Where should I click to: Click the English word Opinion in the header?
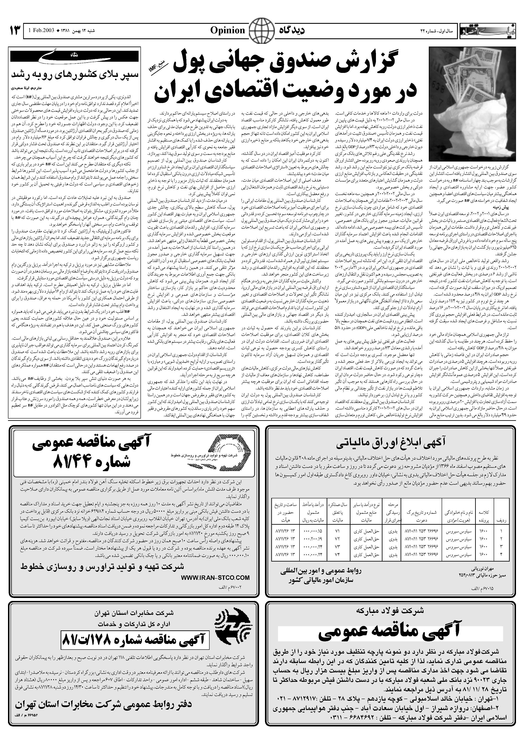pos(227,31)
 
